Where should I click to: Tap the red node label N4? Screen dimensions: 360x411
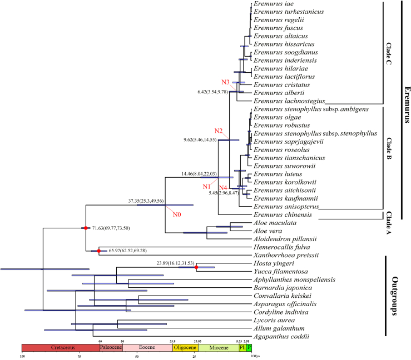click(x=224, y=188)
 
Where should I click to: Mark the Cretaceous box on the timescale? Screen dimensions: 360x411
click(x=61, y=348)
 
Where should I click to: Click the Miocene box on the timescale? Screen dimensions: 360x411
click(x=217, y=348)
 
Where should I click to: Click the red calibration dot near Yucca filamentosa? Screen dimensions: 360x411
click(x=196, y=267)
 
